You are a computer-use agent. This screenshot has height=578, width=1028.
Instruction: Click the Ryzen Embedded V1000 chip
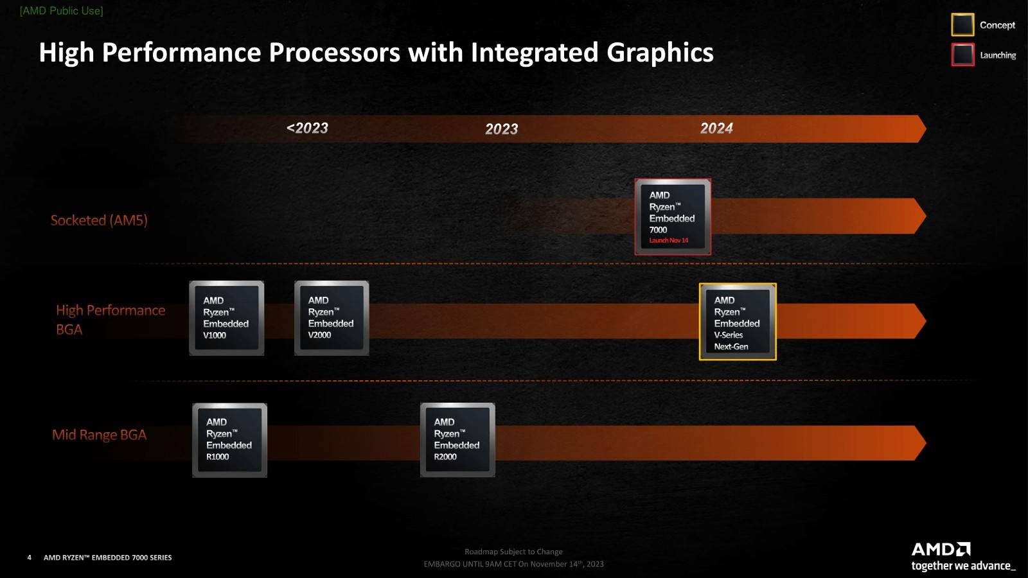click(x=226, y=318)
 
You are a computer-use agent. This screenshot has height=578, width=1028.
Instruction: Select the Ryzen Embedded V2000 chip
click(x=332, y=318)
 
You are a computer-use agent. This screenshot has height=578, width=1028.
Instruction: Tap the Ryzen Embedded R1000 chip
click(x=229, y=440)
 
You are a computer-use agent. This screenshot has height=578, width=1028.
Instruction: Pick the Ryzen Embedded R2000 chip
click(x=457, y=440)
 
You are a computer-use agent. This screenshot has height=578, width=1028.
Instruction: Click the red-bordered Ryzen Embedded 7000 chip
click(x=673, y=216)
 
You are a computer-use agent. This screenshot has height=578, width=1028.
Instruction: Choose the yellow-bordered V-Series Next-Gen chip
click(x=738, y=321)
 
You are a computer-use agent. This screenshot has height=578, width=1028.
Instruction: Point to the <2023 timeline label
click(x=307, y=128)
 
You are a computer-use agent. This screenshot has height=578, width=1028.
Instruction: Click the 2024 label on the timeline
click(x=716, y=128)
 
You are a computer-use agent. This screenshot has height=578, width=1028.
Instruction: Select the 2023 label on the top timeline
click(x=501, y=129)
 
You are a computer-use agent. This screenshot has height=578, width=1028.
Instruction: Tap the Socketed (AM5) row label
click(x=99, y=220)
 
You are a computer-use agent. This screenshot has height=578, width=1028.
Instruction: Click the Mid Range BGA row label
click(x=99, y=435)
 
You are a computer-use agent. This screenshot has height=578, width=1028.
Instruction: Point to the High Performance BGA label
click(x=110, y=319)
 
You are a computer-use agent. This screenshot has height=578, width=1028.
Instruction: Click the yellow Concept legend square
click(x=962, y=25)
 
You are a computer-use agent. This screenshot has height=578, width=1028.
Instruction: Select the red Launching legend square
click(x=962, y=55)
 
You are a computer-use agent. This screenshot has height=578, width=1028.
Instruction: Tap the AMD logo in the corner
click(x=941, y=550)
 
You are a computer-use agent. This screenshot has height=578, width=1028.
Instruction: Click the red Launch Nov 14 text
click(x=668, y=241)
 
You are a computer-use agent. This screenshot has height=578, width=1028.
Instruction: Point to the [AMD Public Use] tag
click(x=62, y=11)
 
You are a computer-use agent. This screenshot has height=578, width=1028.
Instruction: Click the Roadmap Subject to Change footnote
click(x=513, y=552)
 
